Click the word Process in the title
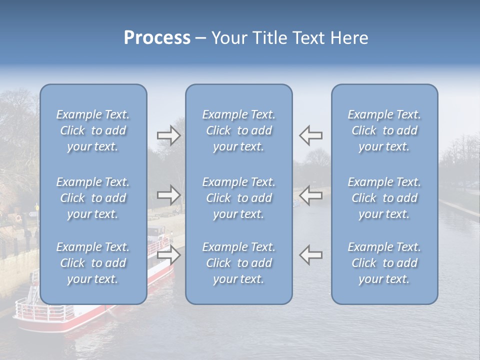click(157, 38)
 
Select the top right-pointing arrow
click(168, 135)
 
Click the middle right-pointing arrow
click(168, 195)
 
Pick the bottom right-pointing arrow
click(168, 255)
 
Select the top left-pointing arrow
click(310, 135)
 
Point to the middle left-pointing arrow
click(310, 195)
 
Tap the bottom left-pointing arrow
click(310, 254)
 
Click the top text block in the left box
click(93, 130)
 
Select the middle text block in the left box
click(93, 198)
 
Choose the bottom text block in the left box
click(93, 263)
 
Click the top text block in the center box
click(238, 130)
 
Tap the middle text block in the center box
click(238, 198)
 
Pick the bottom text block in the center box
click(238, 263)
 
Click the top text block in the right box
click(384, 130)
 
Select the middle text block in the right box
click(384, 198)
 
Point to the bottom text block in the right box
click(384, 263)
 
